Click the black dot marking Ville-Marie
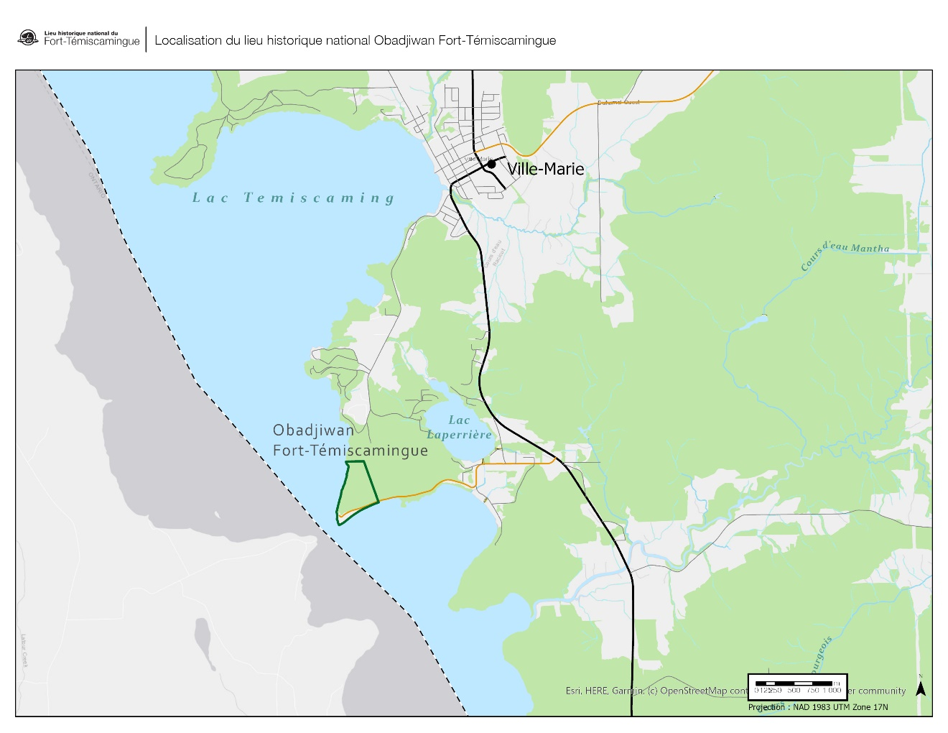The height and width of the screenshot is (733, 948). pos(491,165)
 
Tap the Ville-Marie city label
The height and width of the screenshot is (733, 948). pos(546,169)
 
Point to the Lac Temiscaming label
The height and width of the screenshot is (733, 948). pos(293,198)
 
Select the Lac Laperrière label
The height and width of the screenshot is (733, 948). pos(460,427)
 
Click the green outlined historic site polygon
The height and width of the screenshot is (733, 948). pos(357,492)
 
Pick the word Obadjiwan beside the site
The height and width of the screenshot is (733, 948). pos(313,430)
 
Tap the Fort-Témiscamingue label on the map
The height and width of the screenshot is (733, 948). pos(350,451)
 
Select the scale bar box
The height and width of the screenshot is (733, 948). pos(798,686)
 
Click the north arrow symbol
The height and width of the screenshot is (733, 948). pos(920,688)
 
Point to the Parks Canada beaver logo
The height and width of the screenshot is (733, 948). pos(28,38)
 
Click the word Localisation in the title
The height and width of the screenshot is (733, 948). pos(188,41)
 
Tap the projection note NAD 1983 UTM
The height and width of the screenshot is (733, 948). pos(818,707)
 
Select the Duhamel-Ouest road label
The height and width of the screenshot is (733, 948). pos(618,103)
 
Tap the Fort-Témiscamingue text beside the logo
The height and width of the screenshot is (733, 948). pos(92,42)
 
